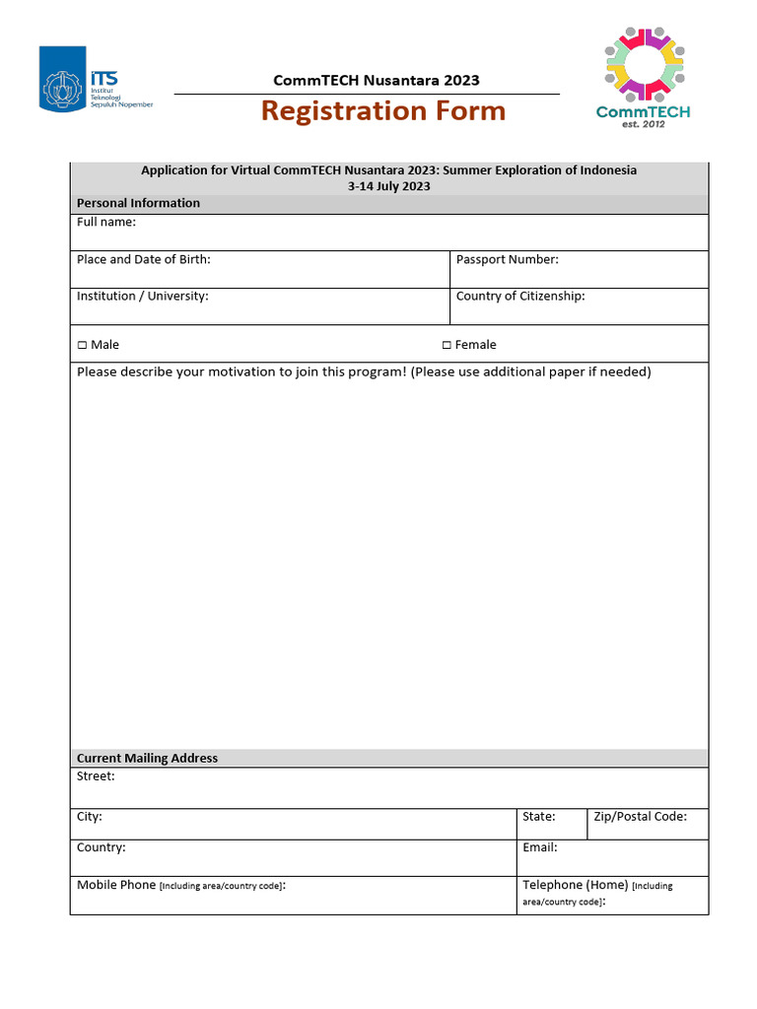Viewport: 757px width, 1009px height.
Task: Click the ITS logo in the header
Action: pyautogui.click(x=96, y=78)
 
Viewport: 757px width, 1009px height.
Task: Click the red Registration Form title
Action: pyautogui.click(x=383, y=111)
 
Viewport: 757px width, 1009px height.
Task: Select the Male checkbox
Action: pyautogui.click(x=82, y=345)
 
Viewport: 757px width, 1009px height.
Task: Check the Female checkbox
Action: pyautogui.click(x=447, y=345)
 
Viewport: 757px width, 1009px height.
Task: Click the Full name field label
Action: pyautogui.click(x=106, y=222)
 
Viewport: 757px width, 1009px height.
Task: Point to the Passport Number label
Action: pyautogui.click(x=507, y=259)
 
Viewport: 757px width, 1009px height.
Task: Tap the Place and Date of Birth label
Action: pyautogui.click(x=144, y=259)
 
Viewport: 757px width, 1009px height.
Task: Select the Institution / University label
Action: pyautogui.click(x=143, y=296)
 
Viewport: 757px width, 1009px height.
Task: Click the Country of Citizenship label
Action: pyautogui.click(x=520, y=296)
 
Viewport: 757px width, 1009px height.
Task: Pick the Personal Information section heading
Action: pyautogui.click(x=138, y=203)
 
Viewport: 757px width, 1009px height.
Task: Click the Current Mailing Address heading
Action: pyautogui.click(x=148, y=758)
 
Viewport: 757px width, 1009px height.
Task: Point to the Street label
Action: pyautogui.click(x=96, y=776)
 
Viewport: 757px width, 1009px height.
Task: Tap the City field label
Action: pyautogui.click(x=90, y=817)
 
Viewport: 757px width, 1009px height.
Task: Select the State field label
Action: pyautogui.click(x=539, y=817)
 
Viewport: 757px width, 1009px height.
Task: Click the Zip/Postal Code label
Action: pyautogui.click(x=640, y=817)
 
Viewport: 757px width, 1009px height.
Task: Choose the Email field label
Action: pyautogui.click(x=540, y=847)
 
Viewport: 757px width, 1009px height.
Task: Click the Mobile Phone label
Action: pyautogui.click(x=116, y=885)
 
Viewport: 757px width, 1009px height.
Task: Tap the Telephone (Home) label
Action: pyautogui.click(x=575, y=885)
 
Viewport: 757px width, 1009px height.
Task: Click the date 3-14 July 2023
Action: pyautogui.click(x=388, y=186)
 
